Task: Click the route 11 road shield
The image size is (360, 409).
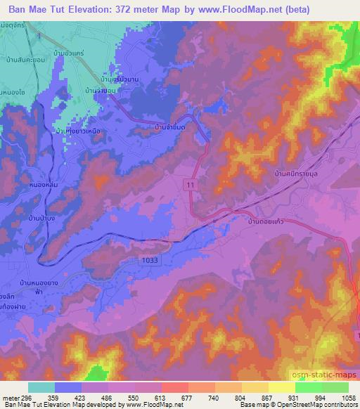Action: point(190,183)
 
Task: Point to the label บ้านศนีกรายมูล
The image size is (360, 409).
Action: point(299,171)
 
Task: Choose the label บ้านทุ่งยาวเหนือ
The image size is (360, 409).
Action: point(78,131)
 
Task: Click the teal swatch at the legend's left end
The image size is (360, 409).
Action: point(41,387)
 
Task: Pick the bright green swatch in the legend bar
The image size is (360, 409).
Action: point(310,387)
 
